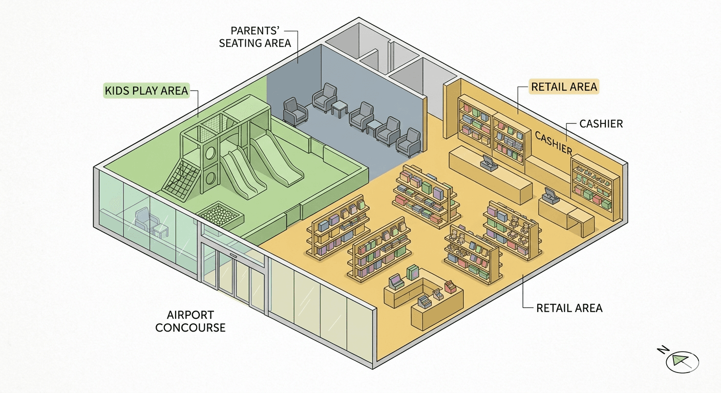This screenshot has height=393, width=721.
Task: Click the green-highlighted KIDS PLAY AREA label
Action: [x=146, y=91]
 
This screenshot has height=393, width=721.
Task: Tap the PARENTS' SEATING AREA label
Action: [x=255, y=36]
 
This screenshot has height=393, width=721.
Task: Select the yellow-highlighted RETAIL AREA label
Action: [x=564, y=87]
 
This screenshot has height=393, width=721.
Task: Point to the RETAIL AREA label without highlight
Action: [x=569, y=308]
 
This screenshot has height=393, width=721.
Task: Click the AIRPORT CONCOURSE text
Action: [x=190, y=321]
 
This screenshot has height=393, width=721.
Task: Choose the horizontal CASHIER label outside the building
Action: [x=601, y=124]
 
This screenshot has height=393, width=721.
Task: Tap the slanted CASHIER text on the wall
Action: [x=553, y=142]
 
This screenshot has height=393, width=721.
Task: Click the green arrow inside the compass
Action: [x=681, y=361]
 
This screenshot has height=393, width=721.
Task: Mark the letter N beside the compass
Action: [x=662, y=350]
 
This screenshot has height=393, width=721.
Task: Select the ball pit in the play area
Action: [x=219, y=214]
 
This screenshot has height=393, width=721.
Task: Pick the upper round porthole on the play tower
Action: [x=210, y=153]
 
